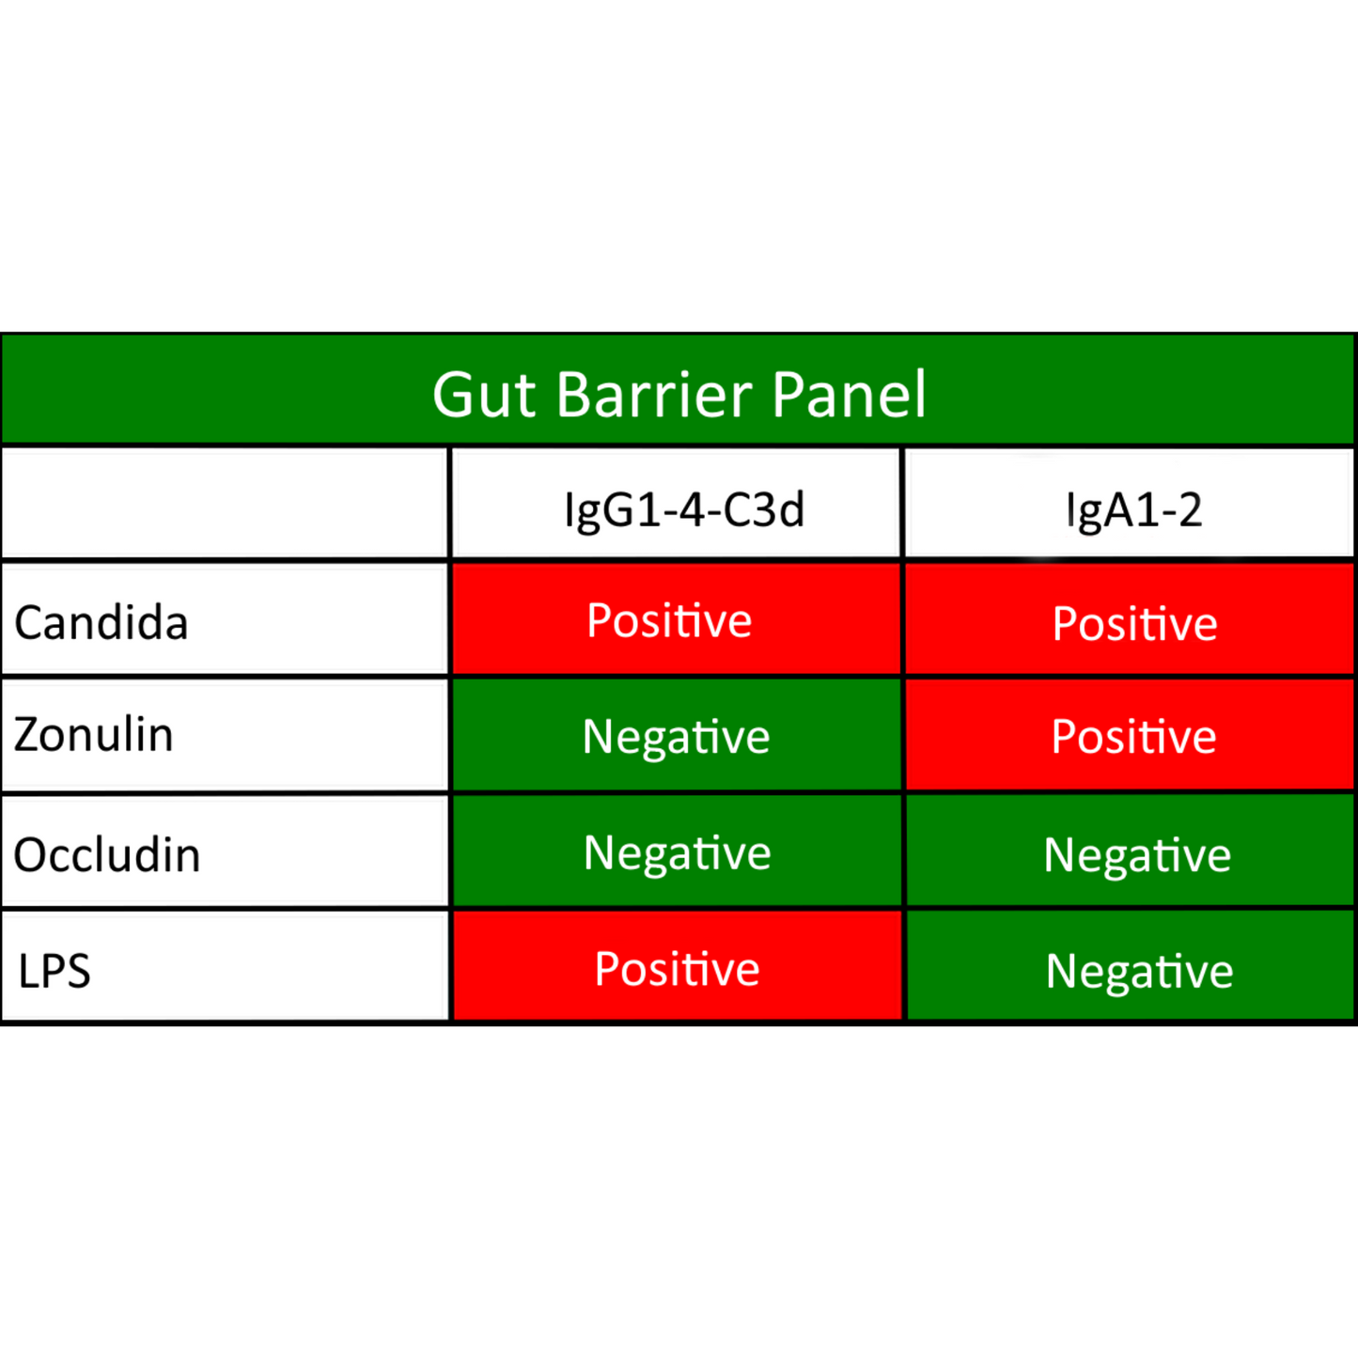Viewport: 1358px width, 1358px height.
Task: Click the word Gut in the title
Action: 484,395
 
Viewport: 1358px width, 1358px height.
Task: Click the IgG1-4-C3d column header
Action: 683,510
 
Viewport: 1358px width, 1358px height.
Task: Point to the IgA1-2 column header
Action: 1134,510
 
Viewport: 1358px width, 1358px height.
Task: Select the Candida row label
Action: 101,623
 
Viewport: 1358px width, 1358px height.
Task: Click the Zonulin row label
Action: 94,734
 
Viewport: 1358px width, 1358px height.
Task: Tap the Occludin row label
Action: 107,855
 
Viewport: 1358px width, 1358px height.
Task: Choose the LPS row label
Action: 55,971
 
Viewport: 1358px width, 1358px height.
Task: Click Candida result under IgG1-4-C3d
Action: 677,619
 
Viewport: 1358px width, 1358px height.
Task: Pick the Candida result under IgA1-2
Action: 1130,619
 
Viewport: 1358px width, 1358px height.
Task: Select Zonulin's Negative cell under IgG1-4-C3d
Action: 677,735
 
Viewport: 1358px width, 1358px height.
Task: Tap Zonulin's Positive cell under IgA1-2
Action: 1130,735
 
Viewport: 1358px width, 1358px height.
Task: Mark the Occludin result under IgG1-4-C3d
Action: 677,851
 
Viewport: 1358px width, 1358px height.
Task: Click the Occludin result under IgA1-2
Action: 1130,851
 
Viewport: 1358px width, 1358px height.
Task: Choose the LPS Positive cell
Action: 677,966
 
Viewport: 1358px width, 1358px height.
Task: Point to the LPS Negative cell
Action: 1130,966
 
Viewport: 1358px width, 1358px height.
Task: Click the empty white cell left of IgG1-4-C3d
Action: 224,503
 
